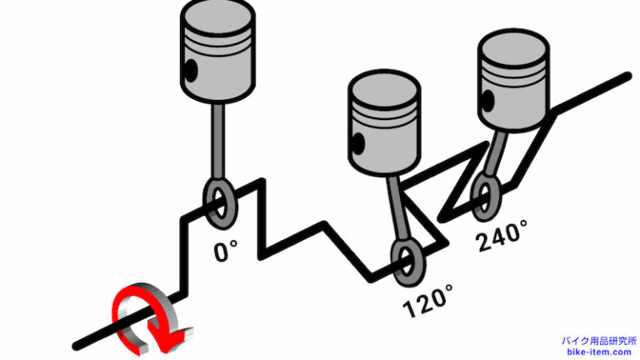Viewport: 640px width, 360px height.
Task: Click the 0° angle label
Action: click(x=225, y=251)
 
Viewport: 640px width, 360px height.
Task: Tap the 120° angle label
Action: click(x=427, y=302)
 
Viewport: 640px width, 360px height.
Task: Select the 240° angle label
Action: click(x=502, y=236)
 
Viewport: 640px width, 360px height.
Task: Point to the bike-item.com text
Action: click(x=599, y=352)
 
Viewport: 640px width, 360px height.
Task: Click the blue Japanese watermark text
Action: click(x=599, y=341)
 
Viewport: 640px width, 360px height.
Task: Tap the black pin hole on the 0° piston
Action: click(x=191, y=70)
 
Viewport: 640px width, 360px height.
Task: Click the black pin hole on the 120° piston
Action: click(x=358, y=143)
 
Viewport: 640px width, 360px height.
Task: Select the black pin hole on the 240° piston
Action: click(x=487, y=100)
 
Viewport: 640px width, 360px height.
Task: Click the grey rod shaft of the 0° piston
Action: click(x=217, y=140)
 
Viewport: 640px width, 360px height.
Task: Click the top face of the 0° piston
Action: click(x=217, y=17)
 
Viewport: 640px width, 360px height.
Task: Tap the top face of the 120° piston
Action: click(x=384, y=88)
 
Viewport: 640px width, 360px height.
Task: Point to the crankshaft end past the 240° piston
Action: click(x=629, y=76)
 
